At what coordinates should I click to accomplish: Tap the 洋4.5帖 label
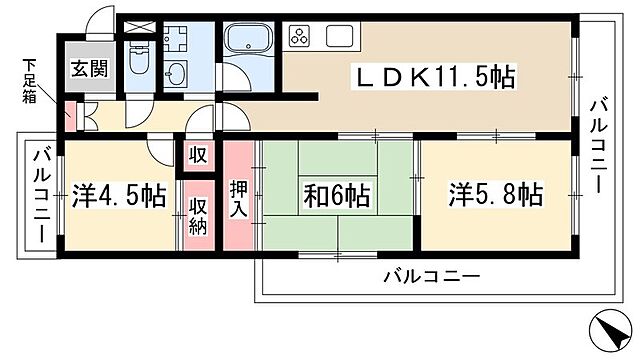point(118,196)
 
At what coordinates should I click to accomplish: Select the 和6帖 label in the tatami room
point(336,196)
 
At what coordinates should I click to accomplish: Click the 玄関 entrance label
point(83,71)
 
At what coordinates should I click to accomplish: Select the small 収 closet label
point(196,155)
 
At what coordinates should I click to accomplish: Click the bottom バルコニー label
point(431,275)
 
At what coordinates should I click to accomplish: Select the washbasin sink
point(178,76)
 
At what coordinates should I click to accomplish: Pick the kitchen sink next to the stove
point(339,39)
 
